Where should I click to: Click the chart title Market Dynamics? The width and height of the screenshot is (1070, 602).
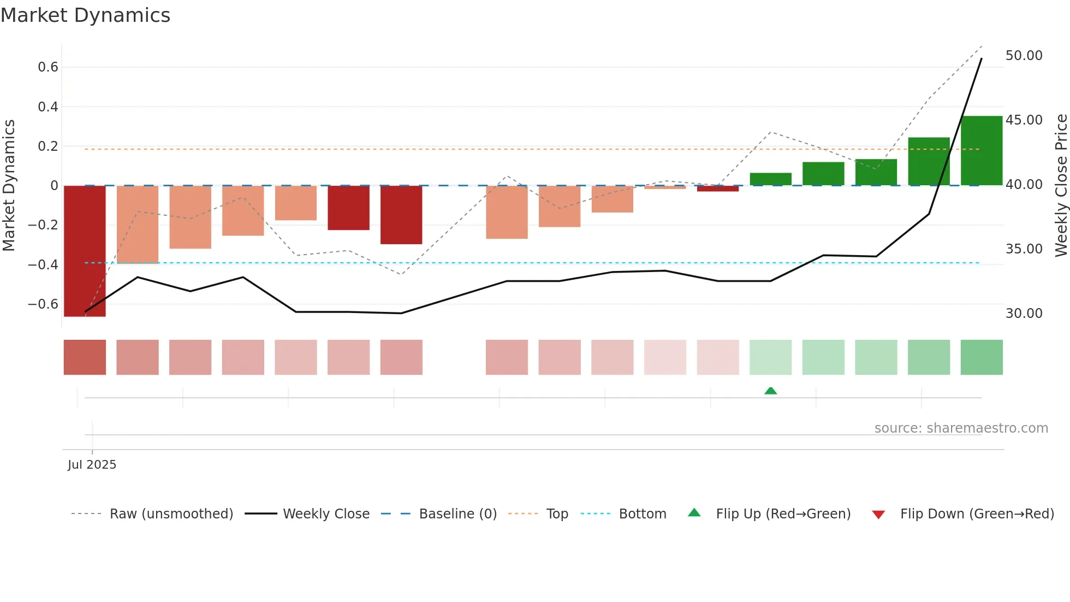[85, 15]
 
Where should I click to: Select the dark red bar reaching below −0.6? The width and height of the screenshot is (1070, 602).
[85, 251]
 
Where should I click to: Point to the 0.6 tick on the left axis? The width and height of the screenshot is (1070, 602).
[48, 67]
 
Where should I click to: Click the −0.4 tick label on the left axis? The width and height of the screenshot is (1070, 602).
[43, 264]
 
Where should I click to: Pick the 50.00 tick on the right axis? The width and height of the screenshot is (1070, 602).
[1024, 56]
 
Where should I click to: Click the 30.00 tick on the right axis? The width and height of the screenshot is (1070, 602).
[1024, 314]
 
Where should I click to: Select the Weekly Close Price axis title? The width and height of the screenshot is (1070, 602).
[1061, 185]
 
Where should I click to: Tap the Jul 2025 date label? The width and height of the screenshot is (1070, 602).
[92, 464]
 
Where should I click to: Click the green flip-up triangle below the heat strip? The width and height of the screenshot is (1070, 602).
[770, 391]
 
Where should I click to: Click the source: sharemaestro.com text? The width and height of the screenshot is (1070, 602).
[961, 428]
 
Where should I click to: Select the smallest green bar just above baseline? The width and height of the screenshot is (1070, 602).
[770, 179]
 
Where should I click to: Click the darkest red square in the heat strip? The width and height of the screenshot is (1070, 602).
[85, 357]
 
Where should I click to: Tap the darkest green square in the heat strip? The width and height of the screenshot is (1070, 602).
[981, 357]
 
